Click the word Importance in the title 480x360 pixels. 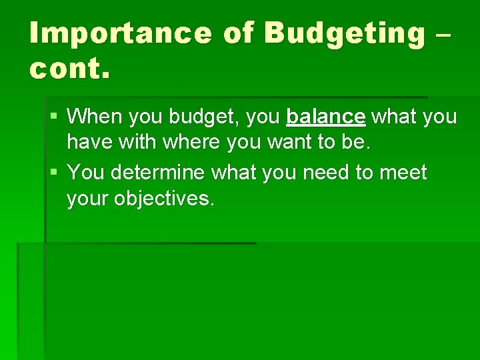click(x=120, y=33)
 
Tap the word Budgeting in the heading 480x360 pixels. click(x=345, y=33)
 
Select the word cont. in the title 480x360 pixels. click(x=68, y=69)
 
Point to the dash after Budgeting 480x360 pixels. click(x=445, y=33)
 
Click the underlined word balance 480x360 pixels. click(x=325, y=117)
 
